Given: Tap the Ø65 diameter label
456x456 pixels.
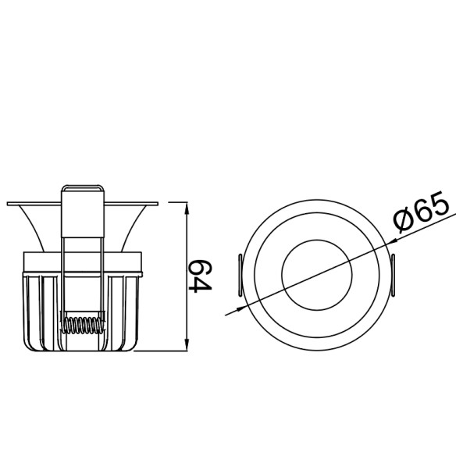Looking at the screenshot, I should pos(422,213).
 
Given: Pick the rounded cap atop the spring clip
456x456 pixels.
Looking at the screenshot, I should pos(83,187).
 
